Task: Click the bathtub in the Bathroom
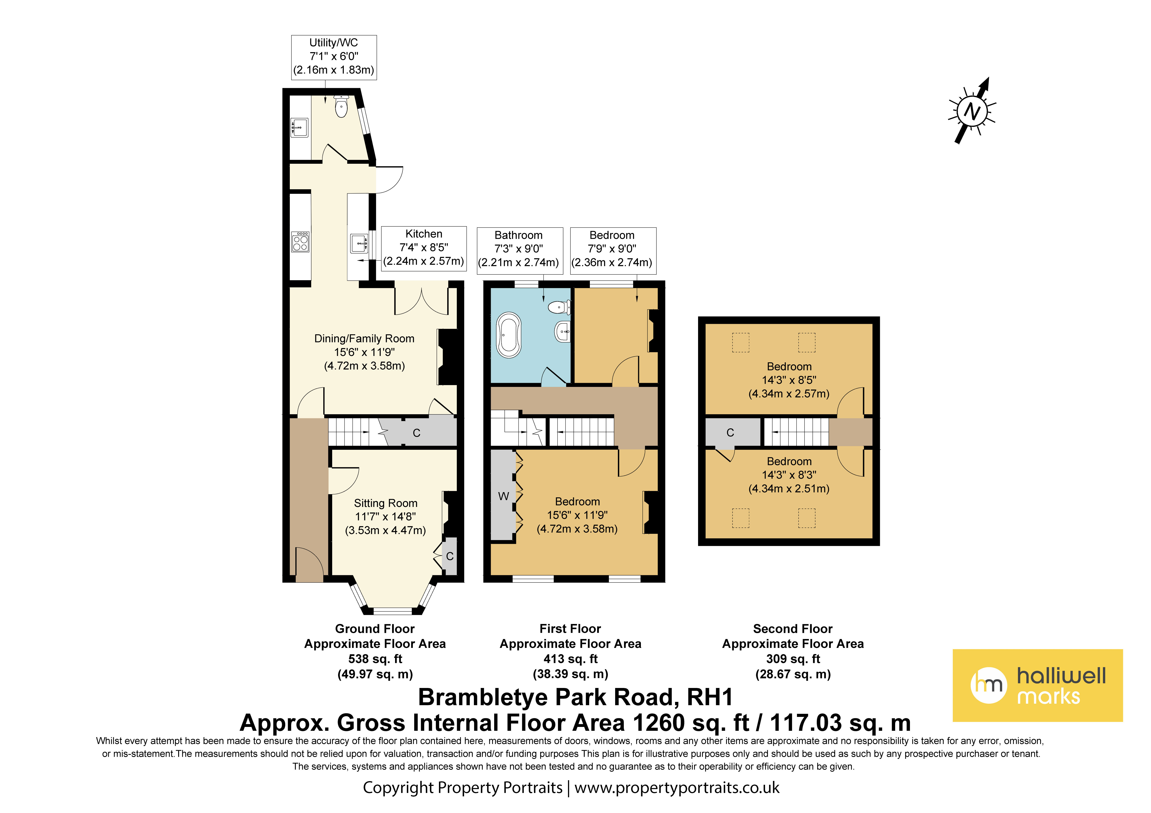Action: [x=509, y=335]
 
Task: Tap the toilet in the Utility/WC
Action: [x=341, y=106]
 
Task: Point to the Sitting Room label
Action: [x=385, y=503]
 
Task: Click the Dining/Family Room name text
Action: [x=365, y=339]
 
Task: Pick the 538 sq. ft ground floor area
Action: [x=375, y=659]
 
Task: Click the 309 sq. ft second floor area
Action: [x=793, y=659]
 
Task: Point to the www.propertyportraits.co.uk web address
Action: [x=677, y=787]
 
